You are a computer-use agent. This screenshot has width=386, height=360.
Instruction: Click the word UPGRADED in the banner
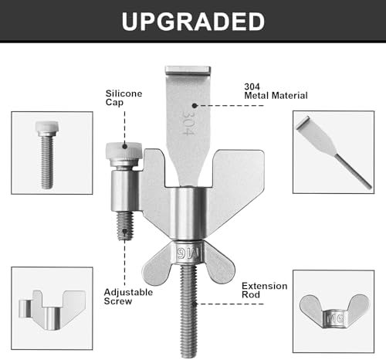(193, 22)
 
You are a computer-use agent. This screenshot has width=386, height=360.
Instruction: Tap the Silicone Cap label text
(124, 97)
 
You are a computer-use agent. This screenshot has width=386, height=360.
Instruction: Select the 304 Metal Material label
(276, 91)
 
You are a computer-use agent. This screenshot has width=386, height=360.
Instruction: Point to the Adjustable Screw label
(128, 297)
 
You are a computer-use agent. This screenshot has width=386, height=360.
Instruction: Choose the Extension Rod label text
(265, 290)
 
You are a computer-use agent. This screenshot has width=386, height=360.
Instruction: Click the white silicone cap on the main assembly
(124, 151)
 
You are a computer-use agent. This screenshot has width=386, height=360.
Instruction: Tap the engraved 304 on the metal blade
(188, 123)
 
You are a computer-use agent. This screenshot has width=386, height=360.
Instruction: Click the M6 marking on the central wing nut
(188, 253)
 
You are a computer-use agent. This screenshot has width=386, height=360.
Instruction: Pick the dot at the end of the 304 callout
(195, 105)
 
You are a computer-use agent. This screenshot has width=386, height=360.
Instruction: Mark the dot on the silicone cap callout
(125, 147)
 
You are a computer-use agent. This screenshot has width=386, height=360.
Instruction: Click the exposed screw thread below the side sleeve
(125, 226)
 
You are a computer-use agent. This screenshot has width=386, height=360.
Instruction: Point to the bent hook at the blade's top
(188, 70)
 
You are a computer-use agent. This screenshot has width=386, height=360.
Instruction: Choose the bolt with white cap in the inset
(47, 155)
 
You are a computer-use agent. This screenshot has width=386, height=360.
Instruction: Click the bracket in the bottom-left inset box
(52, 310)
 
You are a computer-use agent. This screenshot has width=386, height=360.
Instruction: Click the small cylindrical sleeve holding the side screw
(125, 191)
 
